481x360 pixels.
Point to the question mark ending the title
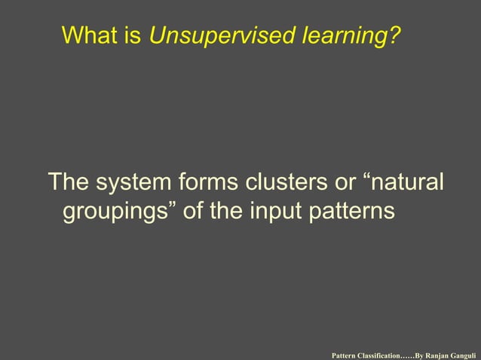click(x=395, y=35)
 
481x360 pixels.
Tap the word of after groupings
click(x=194, y=212)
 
